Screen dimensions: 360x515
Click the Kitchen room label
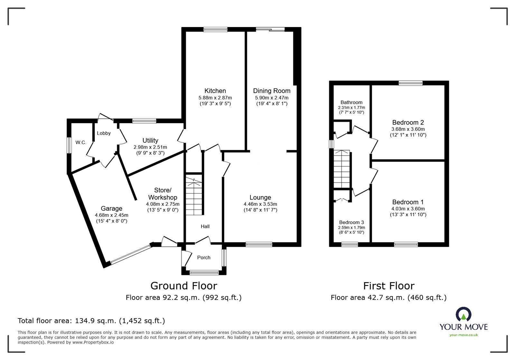pos(215,91)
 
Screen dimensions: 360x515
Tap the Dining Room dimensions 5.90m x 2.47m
pos(272,98)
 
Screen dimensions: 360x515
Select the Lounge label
pos(260,198)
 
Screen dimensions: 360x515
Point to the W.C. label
pos(81,142)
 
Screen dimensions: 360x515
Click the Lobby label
pos(104,133)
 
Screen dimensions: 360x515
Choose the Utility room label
pos(150,141)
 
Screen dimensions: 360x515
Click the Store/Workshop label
pos(163,193)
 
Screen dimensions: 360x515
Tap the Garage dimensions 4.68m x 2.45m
pos(111,215)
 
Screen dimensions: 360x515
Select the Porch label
pos(204,257)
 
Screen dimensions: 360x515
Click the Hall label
pos(205,226)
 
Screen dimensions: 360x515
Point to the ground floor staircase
pos(194,196)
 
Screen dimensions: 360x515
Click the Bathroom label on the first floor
pos(351,102)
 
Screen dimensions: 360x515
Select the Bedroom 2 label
pos(408,122)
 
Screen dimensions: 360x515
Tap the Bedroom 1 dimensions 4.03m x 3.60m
pos(408,209)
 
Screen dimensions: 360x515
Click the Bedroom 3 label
pos(351,222)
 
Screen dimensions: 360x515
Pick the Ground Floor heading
pos(184,286)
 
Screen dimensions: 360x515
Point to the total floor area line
pos(91,321)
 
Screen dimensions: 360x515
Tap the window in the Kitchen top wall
pos(215,30)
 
